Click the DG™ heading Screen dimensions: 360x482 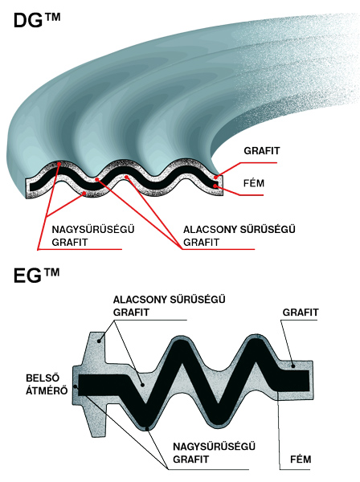(37, 20)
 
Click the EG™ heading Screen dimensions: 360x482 (36, 275)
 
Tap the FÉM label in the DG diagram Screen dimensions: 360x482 (254, 183)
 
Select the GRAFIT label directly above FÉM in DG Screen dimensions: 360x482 (262, 151)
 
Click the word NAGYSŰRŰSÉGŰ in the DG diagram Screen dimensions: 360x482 (93, 229)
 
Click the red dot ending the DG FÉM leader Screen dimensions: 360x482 (216, 186)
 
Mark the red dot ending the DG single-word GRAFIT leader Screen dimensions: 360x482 (216, 177)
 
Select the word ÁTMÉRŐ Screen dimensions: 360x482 (47, 390)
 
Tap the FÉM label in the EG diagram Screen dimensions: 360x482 (301, 460)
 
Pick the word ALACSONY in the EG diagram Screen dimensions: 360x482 (140, 300)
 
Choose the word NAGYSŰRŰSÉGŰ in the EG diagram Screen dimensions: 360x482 (214, 447)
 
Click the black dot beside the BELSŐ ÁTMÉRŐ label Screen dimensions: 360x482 (76, 386)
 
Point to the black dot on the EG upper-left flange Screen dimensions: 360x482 (99, 341)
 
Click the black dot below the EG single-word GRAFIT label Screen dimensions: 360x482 (293, 366)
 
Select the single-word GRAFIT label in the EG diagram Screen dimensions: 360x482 (301, 312)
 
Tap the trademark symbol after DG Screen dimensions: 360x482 (52, 16)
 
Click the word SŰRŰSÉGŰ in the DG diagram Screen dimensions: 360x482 (267, 230)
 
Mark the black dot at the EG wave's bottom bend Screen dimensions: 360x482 (147, 427)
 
